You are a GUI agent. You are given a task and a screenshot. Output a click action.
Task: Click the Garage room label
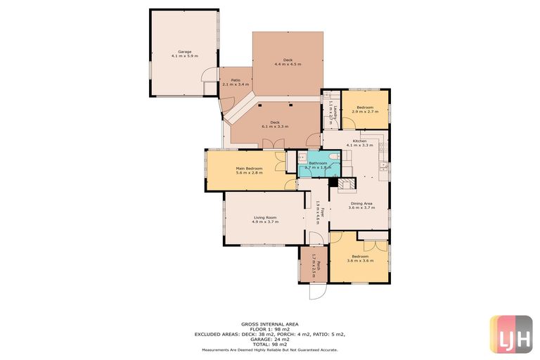pos(184,51)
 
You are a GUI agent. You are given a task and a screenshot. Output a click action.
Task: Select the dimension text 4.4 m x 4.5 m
pos(288,64)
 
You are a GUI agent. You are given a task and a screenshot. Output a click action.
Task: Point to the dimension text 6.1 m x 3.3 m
pos(276,127)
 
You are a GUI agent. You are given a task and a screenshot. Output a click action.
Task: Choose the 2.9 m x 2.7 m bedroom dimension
pos(365,112)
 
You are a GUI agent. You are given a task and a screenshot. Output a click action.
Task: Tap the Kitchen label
pos(360,141)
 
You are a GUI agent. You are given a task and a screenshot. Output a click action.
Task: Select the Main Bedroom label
pos(249,168)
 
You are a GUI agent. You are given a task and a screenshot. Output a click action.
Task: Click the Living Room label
pos(264,218)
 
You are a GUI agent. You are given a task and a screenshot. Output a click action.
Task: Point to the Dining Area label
pos(361,203)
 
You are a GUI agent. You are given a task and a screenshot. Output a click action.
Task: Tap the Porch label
pos(319,266)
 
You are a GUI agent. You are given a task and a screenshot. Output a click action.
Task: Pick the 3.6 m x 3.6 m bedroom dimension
pos(359,260)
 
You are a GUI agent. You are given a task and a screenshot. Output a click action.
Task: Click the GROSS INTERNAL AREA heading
pos(269,324)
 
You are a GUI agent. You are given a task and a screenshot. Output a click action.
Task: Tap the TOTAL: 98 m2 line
pos(269,344)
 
